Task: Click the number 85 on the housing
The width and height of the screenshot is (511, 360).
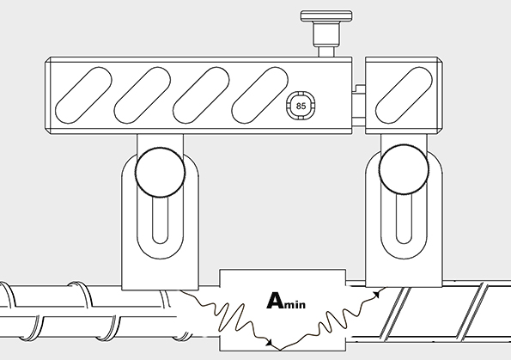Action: (x=301, y=106)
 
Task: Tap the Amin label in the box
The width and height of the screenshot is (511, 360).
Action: (x=286, y=301)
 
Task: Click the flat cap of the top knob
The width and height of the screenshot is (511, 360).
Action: (x=326, y=15)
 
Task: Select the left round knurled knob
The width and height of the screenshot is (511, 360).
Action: (x=160, y=172)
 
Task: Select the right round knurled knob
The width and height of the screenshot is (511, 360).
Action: (x=404, y=169)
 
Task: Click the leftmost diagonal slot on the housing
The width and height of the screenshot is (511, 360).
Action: (x=84, y=95)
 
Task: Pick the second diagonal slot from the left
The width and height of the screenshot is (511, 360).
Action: (x=143, y=95)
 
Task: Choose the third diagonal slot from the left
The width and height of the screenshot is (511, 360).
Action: (x=201, y=95)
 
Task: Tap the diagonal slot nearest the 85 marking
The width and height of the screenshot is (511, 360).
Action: (x=259, y=95)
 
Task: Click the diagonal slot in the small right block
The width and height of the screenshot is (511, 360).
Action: (x=405, y=95)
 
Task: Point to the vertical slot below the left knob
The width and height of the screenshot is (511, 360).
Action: (x=160, y=219)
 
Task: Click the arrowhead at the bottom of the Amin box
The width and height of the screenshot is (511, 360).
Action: (x=270, y=343)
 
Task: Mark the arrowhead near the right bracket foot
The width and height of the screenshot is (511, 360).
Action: (x=377, y=295)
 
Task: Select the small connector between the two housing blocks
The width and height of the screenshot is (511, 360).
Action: (x=359, y=106)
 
